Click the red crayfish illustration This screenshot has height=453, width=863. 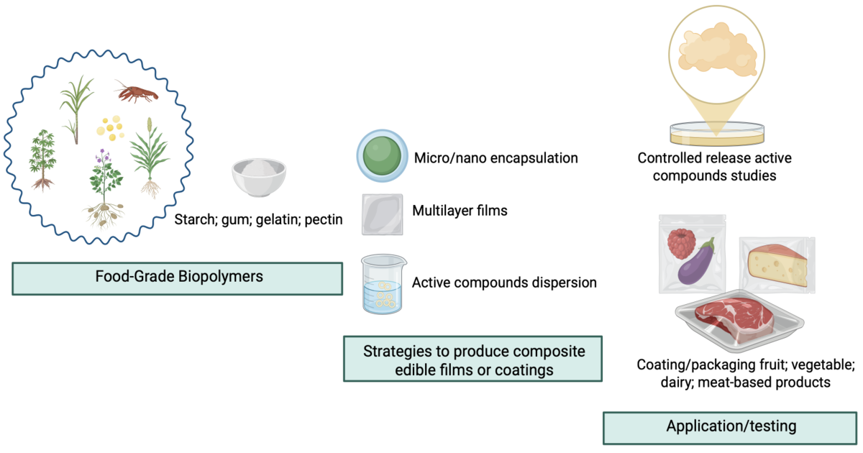(134, 93)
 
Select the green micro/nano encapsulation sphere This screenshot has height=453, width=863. (382, 156)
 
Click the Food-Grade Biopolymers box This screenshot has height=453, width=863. (177, 278)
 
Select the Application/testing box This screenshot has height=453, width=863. (731, 426)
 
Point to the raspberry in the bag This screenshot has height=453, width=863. (680, 244)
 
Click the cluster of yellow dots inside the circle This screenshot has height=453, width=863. (110, 128)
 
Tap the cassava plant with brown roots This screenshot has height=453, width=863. (42, 158)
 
